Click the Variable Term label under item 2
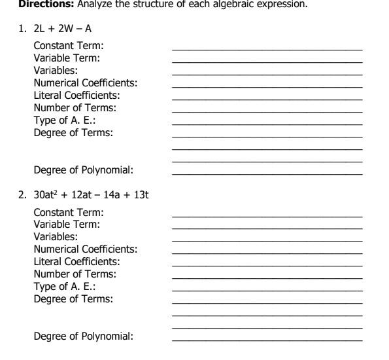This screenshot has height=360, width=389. [x=67, y=224]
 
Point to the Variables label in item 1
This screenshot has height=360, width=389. [x=56, y=70]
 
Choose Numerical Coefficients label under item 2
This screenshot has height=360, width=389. [x=86, y=249]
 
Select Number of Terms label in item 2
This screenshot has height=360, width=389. [x=75, y=274]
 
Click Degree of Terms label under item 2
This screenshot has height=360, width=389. [x=73, y=298]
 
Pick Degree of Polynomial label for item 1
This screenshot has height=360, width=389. [x=84, y=170]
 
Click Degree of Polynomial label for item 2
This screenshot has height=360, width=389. [x=84, y=336]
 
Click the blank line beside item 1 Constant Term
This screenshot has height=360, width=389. [x=267, y=48]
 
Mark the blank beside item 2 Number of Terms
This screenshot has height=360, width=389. [x=267, y=276]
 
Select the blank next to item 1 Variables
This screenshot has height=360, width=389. [x=267, y=73]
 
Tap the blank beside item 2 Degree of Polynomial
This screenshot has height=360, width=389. [x=267, y=339]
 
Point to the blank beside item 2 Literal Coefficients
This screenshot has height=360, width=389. [x=267, y=264]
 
